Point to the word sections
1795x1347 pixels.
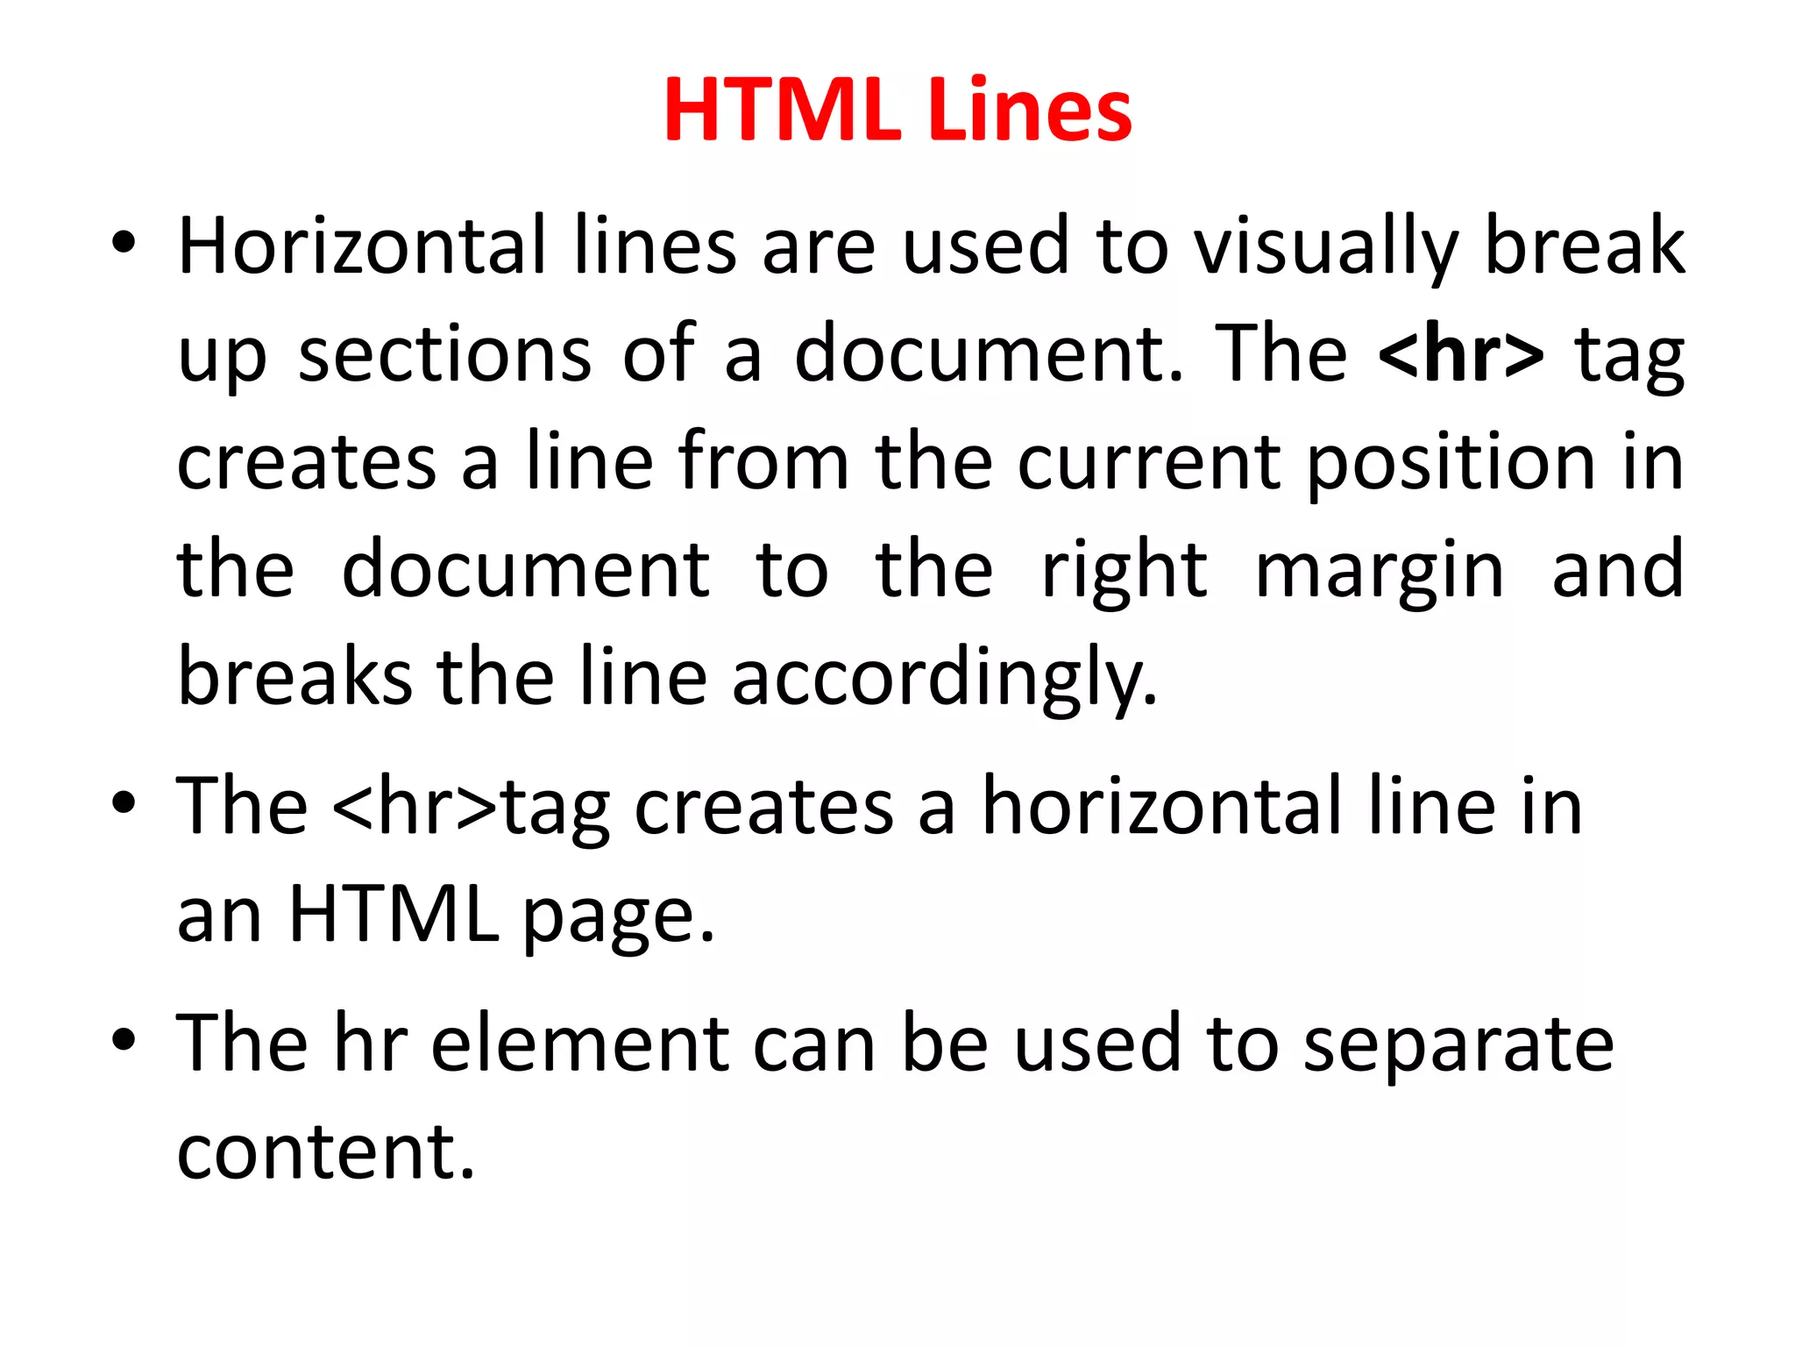click(x=445, y=354)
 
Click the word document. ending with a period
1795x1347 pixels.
click(x=990, y=354)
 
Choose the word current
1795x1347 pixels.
click(x=1149, y=462)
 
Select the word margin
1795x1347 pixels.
click(x=1380, y=573)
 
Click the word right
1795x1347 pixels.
click(x=1125, y=573)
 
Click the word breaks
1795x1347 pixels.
click(x=294, y=677)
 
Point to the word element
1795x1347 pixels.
click(x=579, y=1044)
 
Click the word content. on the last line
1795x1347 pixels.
click(x=326, y=1151)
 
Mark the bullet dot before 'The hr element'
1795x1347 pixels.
click(x=124, y=1040)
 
